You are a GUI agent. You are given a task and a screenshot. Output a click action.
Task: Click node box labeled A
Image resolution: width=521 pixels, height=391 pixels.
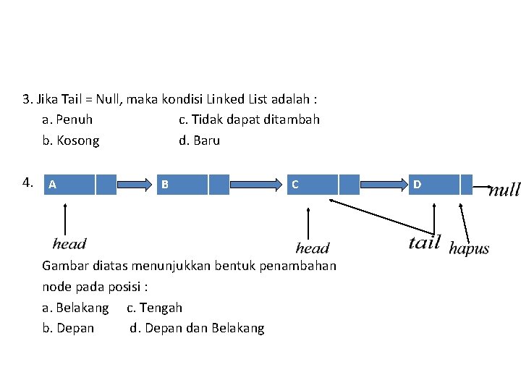tap(69, 185)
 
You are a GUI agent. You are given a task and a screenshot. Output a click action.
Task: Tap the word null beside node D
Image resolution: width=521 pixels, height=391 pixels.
tap(504, 190)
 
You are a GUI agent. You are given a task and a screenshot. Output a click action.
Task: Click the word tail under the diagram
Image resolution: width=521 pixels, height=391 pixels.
tap(424, 242)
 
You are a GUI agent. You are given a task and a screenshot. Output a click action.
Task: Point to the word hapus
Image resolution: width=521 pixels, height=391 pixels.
tap(469, 248)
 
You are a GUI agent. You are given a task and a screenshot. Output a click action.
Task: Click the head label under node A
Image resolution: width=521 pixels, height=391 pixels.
tap(69, 244)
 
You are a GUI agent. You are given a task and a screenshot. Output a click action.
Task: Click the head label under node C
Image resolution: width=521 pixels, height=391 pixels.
tap(313, 248)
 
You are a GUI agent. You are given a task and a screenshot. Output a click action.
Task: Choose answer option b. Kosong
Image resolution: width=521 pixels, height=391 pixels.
tap(71, 140)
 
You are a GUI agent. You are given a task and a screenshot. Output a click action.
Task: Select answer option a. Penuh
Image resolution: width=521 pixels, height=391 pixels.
tap(67, 119)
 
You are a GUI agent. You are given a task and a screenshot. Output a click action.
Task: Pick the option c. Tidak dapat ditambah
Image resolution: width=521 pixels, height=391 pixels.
tap(249, 119)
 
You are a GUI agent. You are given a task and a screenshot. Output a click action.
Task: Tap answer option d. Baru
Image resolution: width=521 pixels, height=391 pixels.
tap(199, 140)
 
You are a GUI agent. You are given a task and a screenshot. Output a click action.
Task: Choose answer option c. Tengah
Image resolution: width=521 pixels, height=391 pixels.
tap(154, 308)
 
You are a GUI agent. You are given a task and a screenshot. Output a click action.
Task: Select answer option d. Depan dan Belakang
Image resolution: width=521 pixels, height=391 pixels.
tap(197, 329)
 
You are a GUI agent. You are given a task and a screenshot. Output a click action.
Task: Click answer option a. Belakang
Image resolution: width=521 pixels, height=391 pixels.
tap(75, 308)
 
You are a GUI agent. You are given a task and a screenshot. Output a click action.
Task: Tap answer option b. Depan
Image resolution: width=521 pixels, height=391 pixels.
tap(68, 329)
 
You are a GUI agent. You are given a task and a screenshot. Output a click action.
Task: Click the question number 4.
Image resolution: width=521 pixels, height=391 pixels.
tap(28, 182)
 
